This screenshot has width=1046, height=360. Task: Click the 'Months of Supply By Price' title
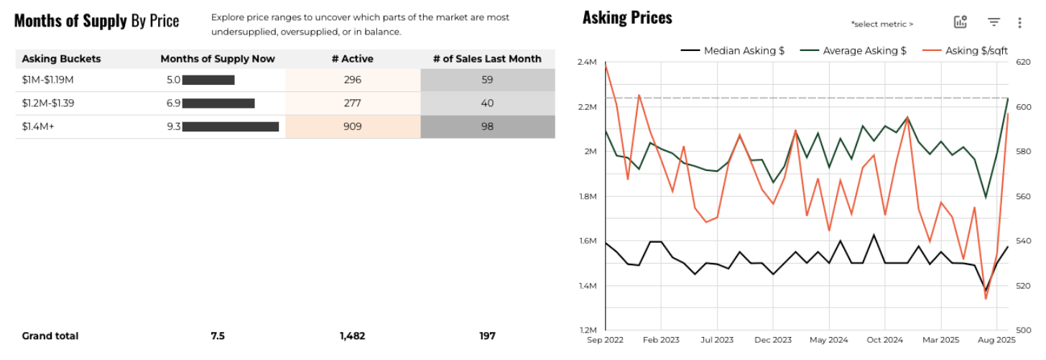tap(96, 21)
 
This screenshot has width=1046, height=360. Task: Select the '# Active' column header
tap(353, 59)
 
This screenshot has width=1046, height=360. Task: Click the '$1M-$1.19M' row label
tap(48, 80)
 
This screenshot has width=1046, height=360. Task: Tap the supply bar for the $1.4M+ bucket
tap(230, 126)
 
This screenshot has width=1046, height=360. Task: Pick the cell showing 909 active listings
tap(353, 126)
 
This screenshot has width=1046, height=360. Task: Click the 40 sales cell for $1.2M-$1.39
tap(487, 103)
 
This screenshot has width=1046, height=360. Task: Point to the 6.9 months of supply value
tap(173, 103)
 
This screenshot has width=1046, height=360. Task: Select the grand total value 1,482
tap(353, 336)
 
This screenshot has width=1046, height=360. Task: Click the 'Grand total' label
tap(50, 336)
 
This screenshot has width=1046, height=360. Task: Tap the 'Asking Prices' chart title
tap(627, 18)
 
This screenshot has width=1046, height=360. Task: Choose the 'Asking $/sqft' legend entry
tap(976, 50)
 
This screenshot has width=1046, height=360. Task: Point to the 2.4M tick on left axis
tap(587, 63)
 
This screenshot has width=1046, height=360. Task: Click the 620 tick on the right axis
tap(1024, 63)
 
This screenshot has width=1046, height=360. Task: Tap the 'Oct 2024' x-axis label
tap(884, 339)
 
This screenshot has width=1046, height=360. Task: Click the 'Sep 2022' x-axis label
tap(606, 339)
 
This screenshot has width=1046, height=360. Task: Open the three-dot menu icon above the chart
tap(1019, 22)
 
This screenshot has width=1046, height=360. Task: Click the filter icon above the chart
tap(994, 22)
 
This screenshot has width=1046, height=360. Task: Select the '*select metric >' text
tap(881, 24)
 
